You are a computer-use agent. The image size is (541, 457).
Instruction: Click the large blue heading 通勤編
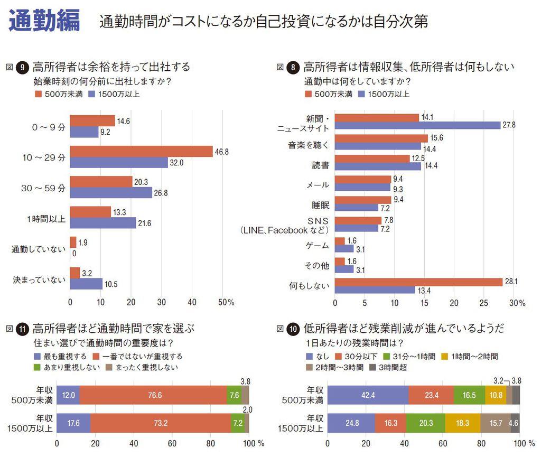(x=44, y=21)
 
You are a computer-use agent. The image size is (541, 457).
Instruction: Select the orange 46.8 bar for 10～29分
(x=141, y=151)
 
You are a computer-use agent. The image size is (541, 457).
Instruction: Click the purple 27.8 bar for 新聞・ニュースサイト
(x=417, y=125)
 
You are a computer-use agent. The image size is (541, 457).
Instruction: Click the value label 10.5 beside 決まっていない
(x=110, y=284)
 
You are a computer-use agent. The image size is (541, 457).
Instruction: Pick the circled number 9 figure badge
(x=23, y=68)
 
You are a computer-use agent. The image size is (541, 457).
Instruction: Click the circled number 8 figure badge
(x=294, y=68)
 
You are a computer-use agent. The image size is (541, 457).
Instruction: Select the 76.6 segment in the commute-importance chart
(x=153, y=395)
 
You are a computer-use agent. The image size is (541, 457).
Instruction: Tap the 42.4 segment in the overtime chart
(x=368, y=395)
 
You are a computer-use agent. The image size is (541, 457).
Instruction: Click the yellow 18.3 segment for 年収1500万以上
(x=463, y=423)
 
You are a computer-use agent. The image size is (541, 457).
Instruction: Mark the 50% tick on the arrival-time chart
(x=227, y=302)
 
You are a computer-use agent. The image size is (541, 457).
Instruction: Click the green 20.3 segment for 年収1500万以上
(x=425, y=423)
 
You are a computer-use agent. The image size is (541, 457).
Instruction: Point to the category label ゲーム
(x=317, y=245)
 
